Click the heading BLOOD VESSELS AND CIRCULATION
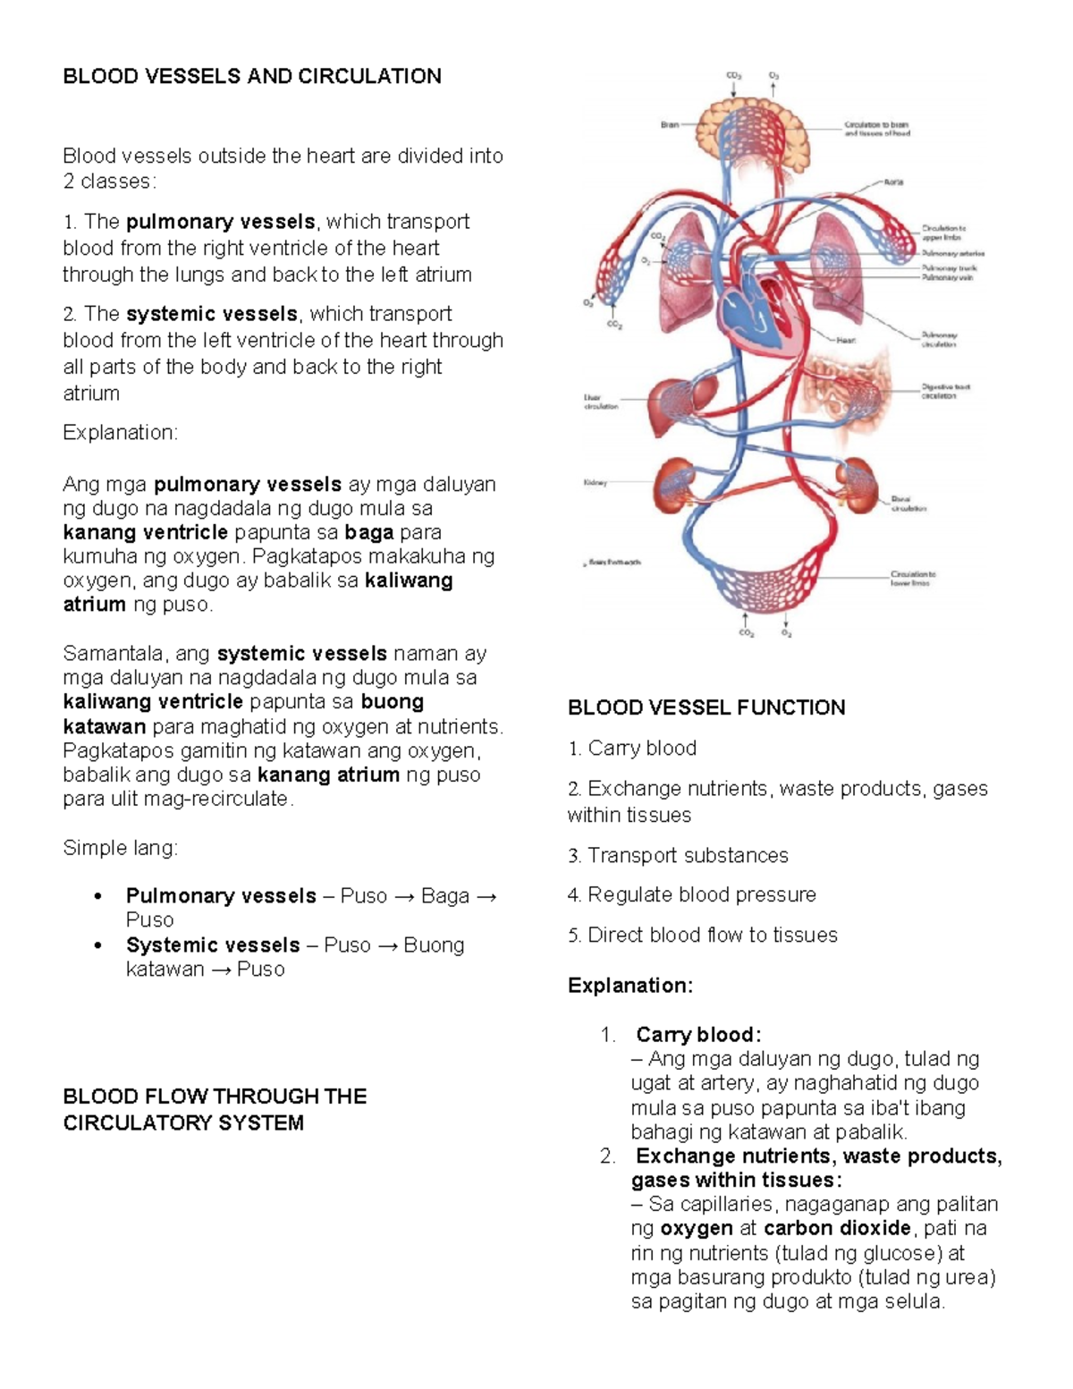pyautogui.click(x=251, y=76)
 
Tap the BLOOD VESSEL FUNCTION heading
pyautogui.click(x=705, y=707)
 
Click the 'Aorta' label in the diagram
pyautogui.click(x=893, y=182)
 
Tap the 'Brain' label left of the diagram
pyautogui.click(x=670, y=125)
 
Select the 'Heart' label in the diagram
pyautogui.click(x=846, y=340)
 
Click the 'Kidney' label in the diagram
pyautogui.click(x=596, y=483)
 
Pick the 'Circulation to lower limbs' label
pyautogui.click(x=912, y=578)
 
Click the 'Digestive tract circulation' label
pyautogui.click(x=945, y=391)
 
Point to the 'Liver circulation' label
pyautogui.click(x=600, y=402)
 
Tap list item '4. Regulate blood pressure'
pyautogui.click(x=691, y=894)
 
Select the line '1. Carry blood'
pyautogui.click(x=631, y=748)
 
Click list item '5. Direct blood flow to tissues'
pyautogui.click(x=702, y=935)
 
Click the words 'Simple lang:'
pyautogui.click(x=120, y=847)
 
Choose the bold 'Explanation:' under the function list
pyautogui.click(x=629, y=986)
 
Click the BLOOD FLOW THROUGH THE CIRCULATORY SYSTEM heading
pyautogui.click(x=215, y=1109)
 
